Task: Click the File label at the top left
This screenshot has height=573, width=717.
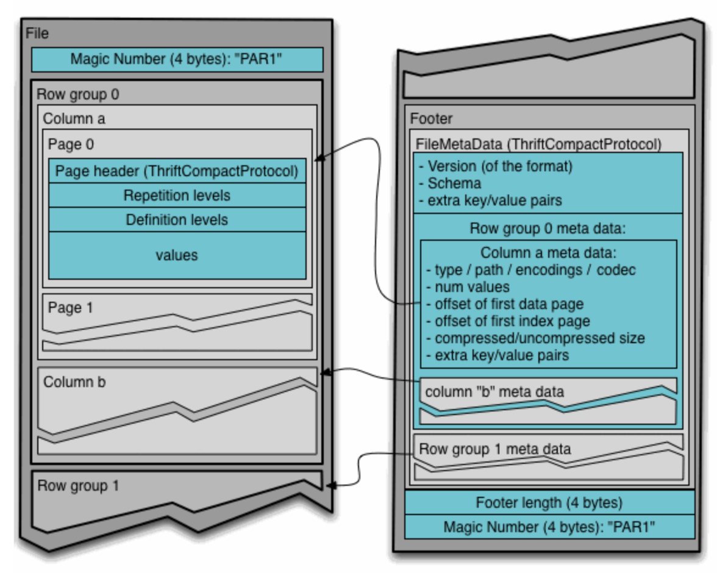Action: click(x=37, y=33)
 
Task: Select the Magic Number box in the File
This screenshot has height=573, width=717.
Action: click(x=177, y=60)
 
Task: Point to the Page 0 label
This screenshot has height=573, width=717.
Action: click(x=71, y=144)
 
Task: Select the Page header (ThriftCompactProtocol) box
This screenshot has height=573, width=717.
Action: click(x=177, y=171)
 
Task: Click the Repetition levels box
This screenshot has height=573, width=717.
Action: click(x=177, y=195)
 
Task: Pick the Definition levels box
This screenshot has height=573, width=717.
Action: click(x=177, y=219)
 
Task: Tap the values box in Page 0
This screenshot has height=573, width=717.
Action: click(x=177, y=255)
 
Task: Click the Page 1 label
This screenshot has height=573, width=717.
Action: click(x=71, y=308)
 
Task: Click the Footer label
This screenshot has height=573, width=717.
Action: click(x=431, y=118)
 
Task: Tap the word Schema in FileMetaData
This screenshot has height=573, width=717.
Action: click(x=454, y=183)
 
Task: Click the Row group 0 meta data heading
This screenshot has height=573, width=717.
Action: click(x=548, y=229)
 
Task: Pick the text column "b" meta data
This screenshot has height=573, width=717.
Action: click(x=494, y=391)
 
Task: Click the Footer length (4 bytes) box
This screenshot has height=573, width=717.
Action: click(x=549, y=503)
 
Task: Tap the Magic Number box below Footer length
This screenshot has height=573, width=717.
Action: click(x=549, y=527)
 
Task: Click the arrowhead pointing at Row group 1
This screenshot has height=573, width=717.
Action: click(x=330, y=485)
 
